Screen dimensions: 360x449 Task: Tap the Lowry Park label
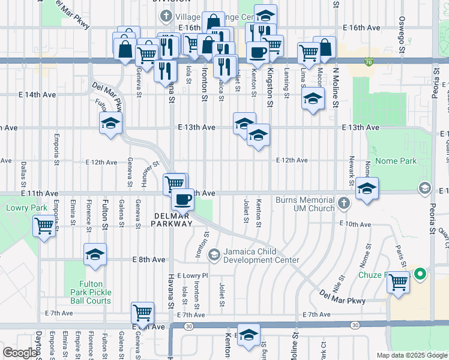tap(18, 208)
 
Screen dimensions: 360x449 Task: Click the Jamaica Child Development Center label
tap(261, 256)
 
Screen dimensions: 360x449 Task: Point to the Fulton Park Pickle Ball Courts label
tap(95, 292)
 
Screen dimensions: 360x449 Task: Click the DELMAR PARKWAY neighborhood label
tap(173, 219)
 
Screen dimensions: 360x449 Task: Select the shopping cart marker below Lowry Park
tap(44, 226)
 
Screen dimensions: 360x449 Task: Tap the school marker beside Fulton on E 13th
tap(111, 124)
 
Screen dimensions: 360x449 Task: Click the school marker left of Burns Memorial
tap(367, 188)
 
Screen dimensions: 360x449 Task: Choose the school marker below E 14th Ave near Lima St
tap(312, 98)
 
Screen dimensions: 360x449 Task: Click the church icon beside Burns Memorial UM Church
tap(343, 203)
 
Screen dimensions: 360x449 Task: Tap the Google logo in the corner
tap(20, 353)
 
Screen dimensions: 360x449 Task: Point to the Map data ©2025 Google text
tap(411, 355)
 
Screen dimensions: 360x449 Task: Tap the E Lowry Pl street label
tap(193, 275)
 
